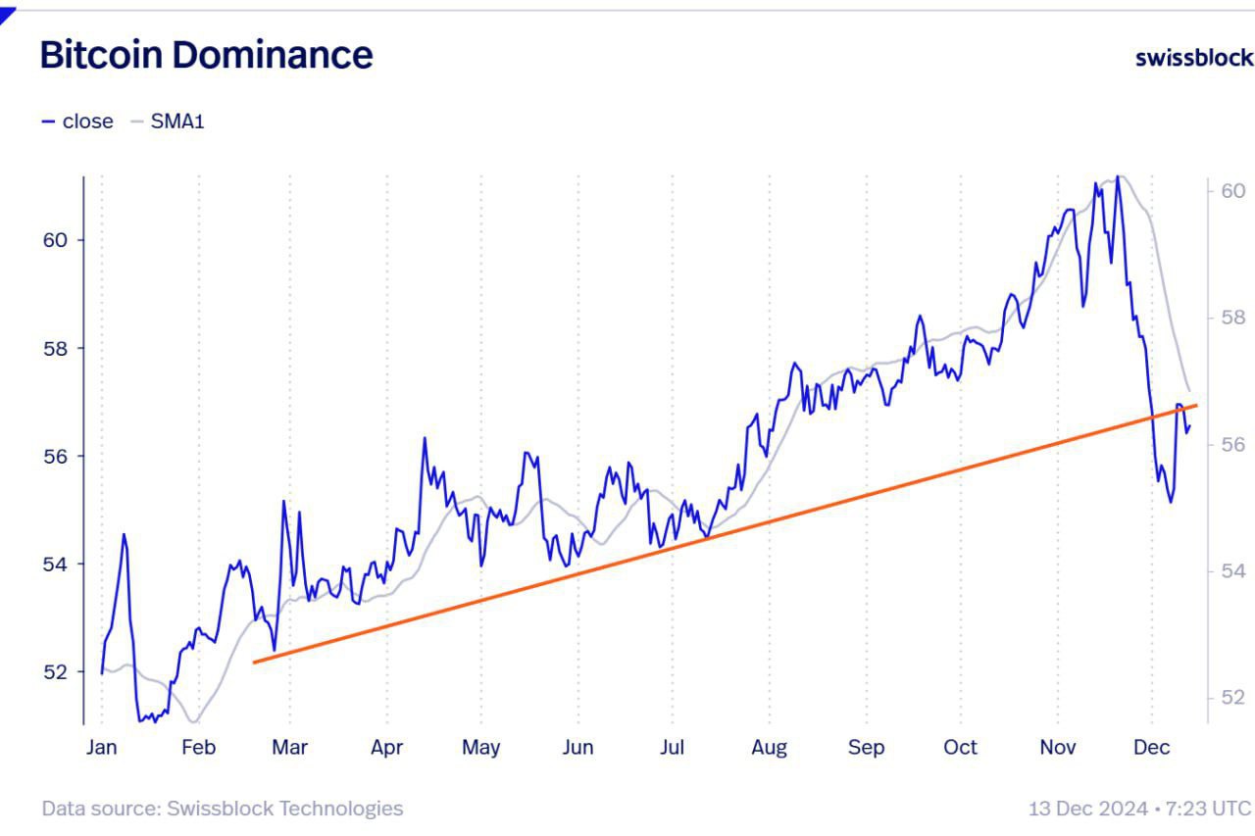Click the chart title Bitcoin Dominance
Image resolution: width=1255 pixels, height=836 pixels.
tap(206, 55)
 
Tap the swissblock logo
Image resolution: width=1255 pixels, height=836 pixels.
tap(1193, 57)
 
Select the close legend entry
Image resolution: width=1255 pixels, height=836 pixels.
tap(77, 122)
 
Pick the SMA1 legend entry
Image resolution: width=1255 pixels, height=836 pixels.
tap(168, 122)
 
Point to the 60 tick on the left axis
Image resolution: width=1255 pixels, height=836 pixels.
tap(55, 240)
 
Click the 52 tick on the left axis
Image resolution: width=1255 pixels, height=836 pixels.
tap(55, 672)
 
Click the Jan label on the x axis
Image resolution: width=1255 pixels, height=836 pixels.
tap(101, 747)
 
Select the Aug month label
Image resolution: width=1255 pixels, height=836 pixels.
tap(769, 747)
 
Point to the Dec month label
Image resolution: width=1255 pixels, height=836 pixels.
tap(1151, 747)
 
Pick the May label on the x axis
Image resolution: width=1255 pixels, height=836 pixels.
tap(480, 747)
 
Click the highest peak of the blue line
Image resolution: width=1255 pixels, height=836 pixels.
tap(1118, 176)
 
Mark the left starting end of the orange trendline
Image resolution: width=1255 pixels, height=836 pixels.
tap(254, 663)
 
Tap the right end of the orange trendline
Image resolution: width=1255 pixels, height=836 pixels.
tap(1196, 405)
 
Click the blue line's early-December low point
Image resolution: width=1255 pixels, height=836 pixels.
tap(1171, 502)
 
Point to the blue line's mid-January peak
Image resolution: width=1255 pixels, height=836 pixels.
tap(124, 534)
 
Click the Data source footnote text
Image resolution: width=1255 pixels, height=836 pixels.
tap(222, 809)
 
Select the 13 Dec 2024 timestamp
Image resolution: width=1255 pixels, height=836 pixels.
tap(1139, 809)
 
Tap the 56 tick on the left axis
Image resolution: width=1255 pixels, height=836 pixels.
tap(55, 457)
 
